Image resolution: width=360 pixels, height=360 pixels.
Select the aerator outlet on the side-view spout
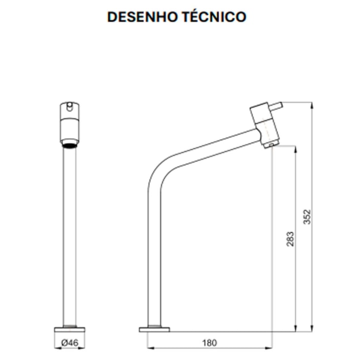click(x=269, y=145)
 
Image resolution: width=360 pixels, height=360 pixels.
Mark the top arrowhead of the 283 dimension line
click(x=295, y=148)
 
